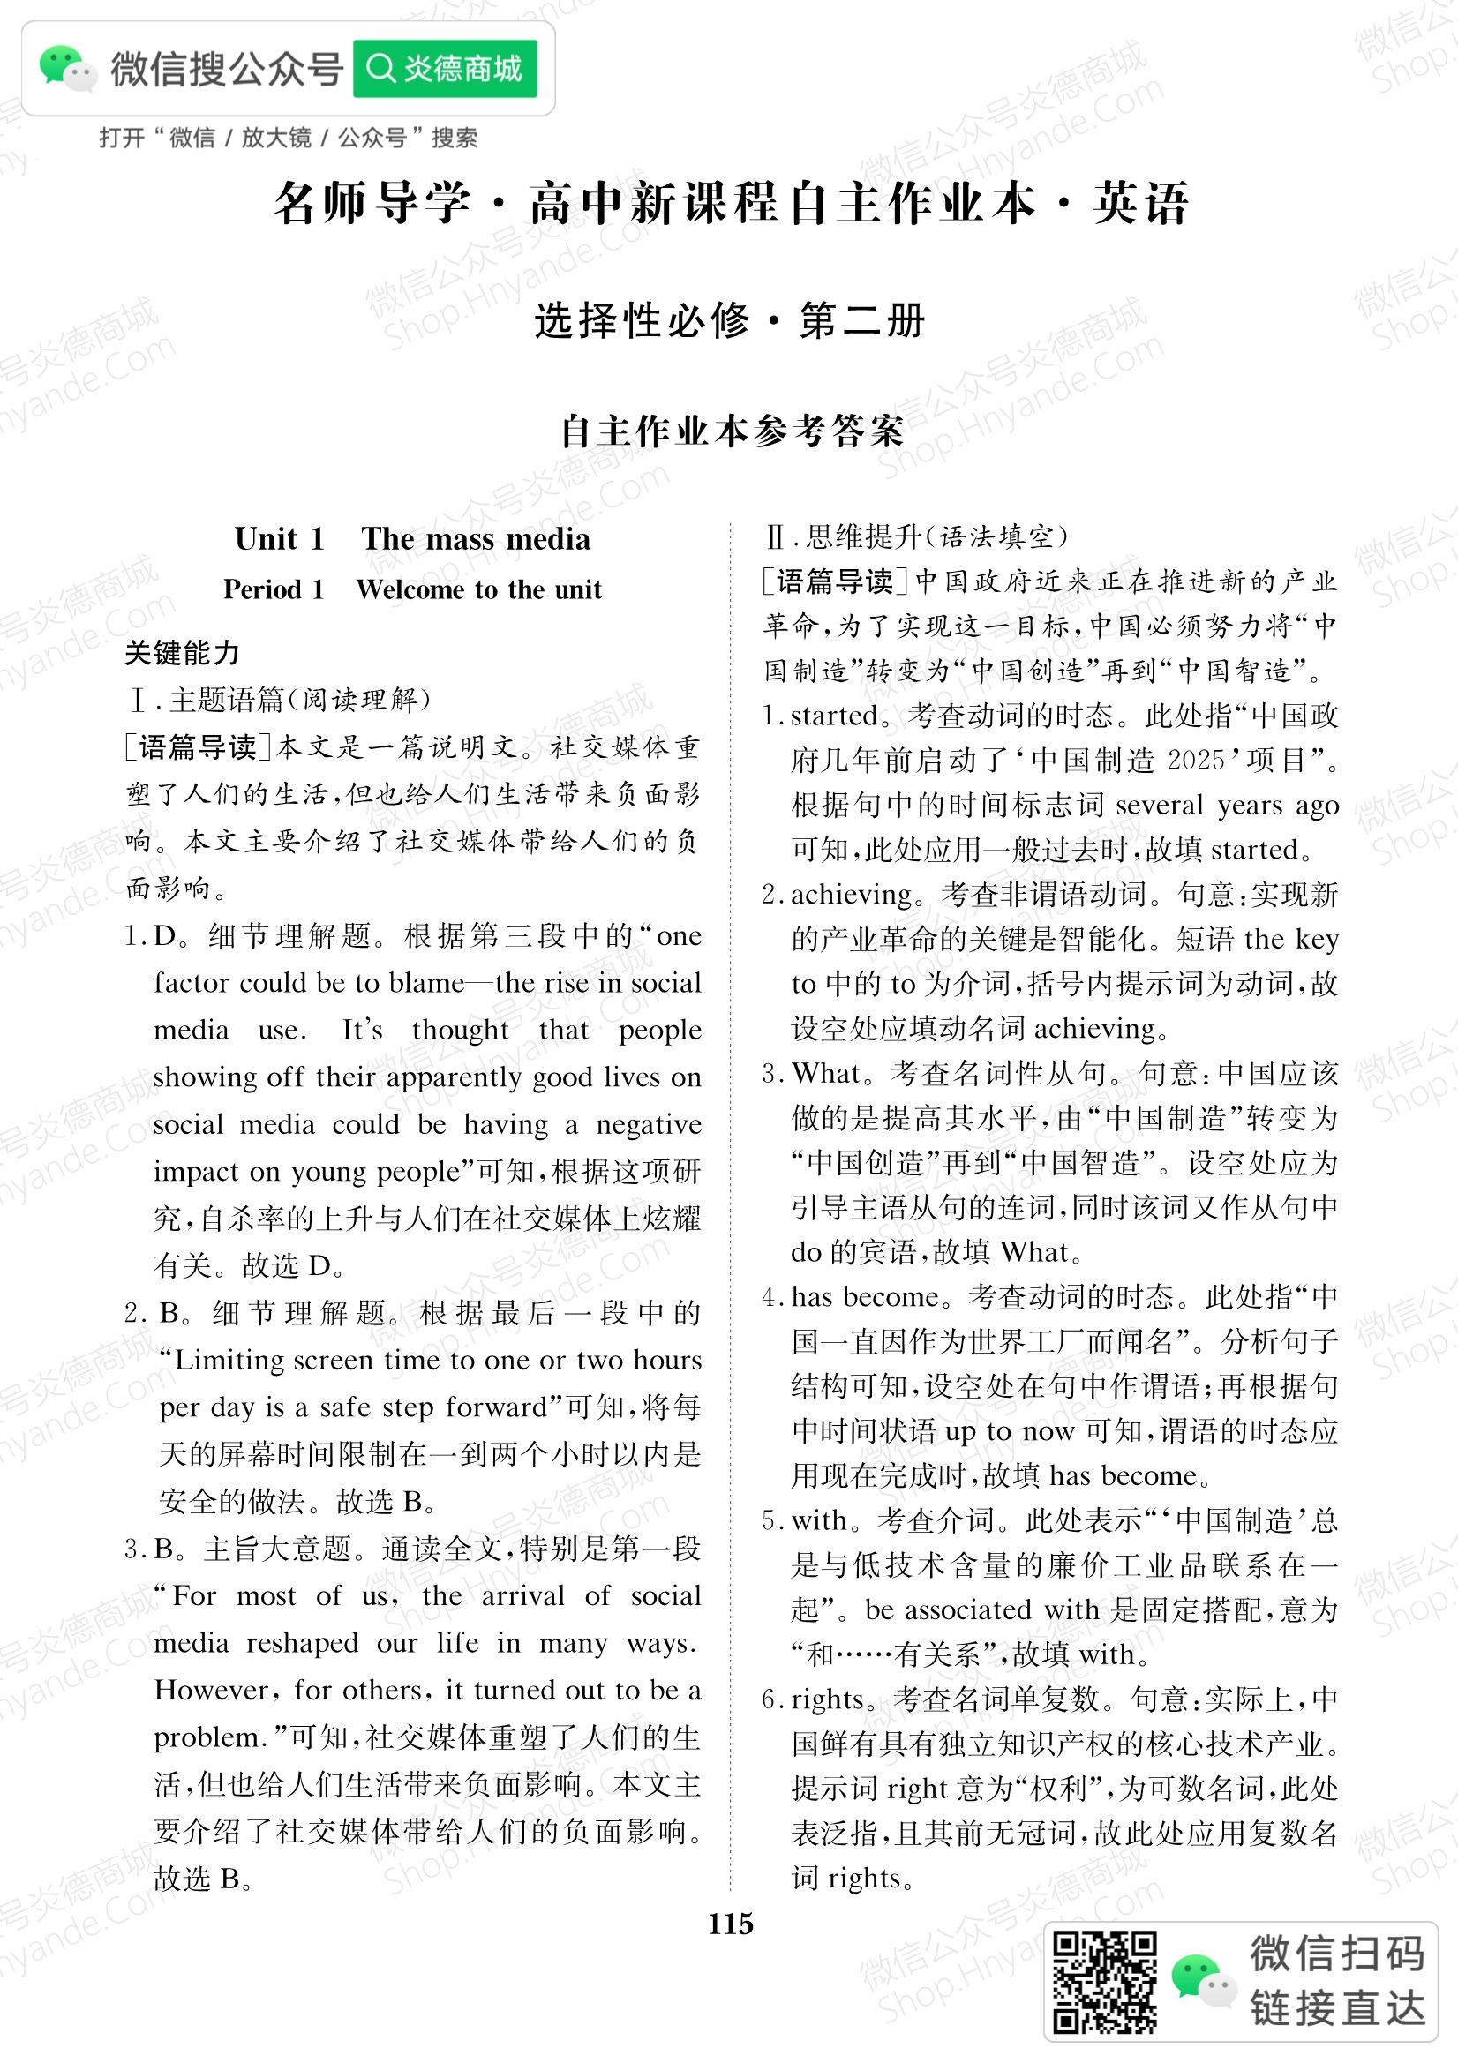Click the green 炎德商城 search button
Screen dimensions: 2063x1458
(x=445, y=68)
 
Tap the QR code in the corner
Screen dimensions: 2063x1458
(x=1105, y=1981)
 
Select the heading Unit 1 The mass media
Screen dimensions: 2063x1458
(x=412, y=539)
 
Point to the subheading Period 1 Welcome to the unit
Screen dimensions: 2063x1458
(x=412, y=589)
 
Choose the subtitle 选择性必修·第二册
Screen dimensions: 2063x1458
(x=729, y=321)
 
